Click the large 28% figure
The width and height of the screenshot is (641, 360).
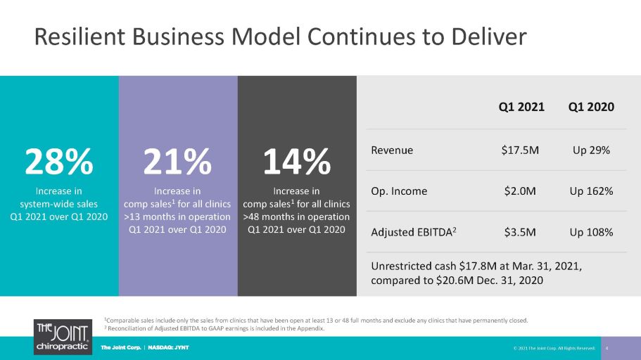point(59,162)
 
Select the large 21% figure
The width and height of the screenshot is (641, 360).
point(177,162)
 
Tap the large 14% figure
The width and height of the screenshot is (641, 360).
point(297,162)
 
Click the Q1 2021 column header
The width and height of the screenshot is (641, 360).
point(521,107)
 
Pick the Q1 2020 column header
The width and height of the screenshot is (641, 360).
point(591,107)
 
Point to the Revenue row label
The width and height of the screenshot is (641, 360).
point(392,150)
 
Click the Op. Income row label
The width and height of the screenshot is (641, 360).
point(399,192)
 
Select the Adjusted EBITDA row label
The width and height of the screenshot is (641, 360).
point(413,232)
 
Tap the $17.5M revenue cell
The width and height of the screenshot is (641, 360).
point(520,150)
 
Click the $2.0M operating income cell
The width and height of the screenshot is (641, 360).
point(520,191)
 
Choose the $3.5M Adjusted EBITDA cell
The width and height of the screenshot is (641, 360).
point(520,233)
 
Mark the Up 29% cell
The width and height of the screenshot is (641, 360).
point(591,150)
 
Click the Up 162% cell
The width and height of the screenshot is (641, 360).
point(591,191)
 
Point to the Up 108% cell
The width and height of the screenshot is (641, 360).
point(591,233)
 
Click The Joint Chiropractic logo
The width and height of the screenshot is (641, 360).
point(63,337)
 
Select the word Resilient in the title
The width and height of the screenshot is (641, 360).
point(80,37)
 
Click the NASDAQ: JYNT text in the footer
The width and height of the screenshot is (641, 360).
point(168,348)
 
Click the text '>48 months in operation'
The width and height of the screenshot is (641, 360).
point(296,217)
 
